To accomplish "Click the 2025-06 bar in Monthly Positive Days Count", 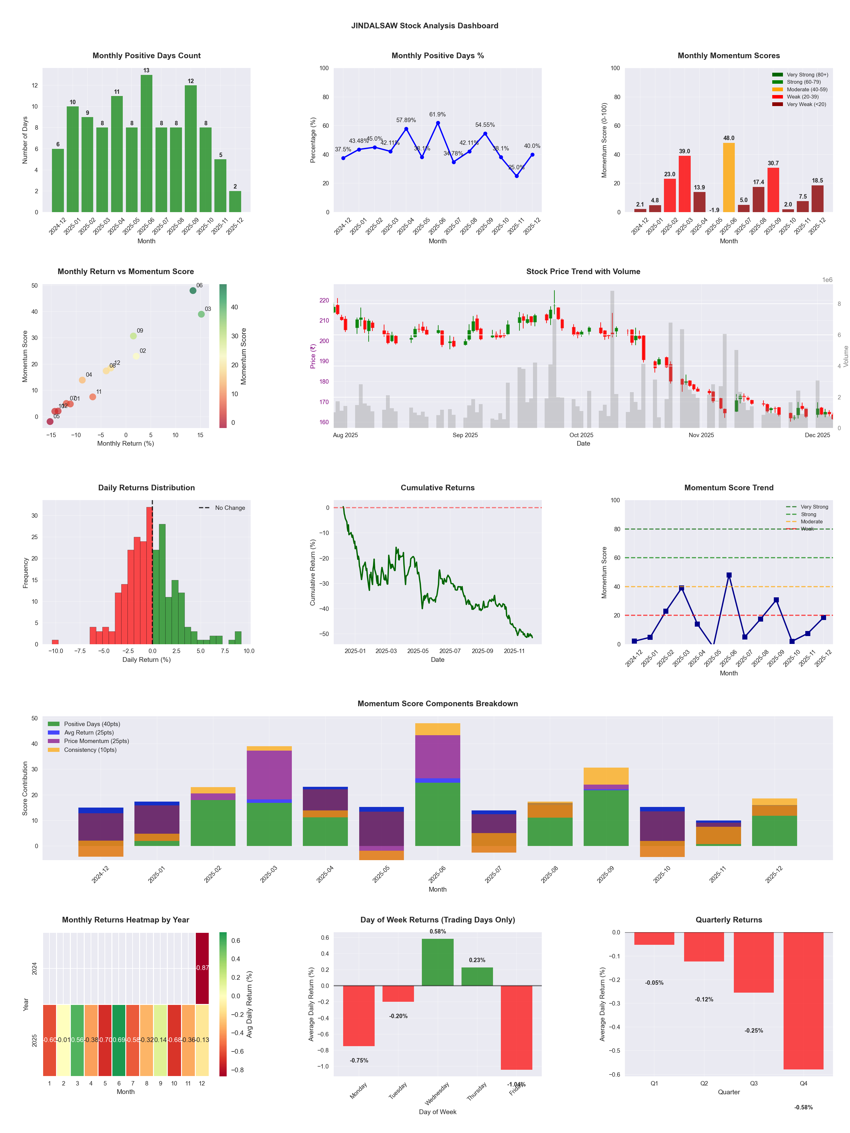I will (x=146, y=144).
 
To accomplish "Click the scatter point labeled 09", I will (x=133, y=336).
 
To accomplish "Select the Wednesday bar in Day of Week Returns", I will (x=438, y=962).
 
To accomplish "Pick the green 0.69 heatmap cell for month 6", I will (x=119, y=1040).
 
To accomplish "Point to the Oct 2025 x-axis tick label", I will (x=581, y=435).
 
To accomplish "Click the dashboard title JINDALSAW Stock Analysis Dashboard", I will (x=425, y=25).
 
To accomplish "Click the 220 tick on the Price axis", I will (x=324, y=301).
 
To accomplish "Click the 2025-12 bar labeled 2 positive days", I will (x=235, y=201).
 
